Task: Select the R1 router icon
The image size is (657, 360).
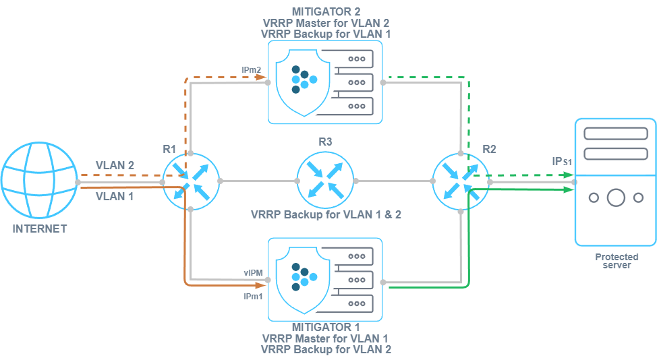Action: point(191,181)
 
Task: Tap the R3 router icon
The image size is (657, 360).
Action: point(326,181)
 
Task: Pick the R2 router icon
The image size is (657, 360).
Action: point(460,181)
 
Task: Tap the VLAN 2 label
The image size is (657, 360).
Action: point(115,165)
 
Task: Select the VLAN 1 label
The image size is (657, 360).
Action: point(115,197)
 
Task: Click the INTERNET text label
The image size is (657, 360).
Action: point(40,229)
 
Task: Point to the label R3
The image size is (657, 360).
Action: point(326,142)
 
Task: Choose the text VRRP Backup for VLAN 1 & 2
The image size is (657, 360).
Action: point(325,216)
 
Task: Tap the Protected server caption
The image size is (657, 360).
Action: point(617,261)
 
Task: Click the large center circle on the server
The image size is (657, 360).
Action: point(615,198)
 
